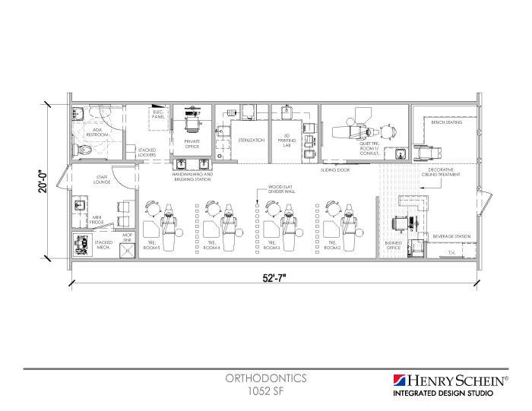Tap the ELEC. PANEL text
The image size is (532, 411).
pos(158,115)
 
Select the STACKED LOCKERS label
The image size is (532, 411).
pos(147,152)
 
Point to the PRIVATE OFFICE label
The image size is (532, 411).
pos(192,143)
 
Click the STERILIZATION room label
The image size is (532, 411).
pos(251,141)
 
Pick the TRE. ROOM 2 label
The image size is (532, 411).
pos(332,245)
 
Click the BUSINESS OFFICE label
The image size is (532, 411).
pos(394,245)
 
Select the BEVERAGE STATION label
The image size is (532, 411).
pos(451,237)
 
